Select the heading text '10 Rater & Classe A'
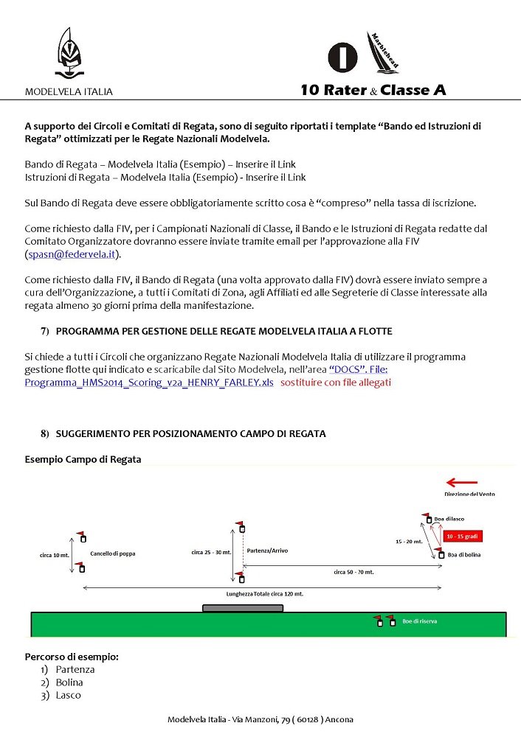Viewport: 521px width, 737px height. pos(373,91)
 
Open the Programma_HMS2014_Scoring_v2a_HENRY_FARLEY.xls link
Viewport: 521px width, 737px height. pos(149,383)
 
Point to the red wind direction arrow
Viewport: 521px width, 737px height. pos(463,483)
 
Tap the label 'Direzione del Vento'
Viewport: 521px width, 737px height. pos(469,495)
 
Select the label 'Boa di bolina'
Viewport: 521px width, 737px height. pos(464,554)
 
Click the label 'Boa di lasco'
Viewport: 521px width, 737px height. pos(449,519)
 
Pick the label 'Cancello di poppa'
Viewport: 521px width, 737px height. pos(113,553)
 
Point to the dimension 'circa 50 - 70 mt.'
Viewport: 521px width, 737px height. pos(353,572)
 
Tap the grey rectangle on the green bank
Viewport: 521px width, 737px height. pos(242,608)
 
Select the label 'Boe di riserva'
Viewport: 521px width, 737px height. pos(420,621)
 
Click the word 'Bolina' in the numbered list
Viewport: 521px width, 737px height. pos(69,682)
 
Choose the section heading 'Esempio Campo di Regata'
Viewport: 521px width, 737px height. pos(83,459)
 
